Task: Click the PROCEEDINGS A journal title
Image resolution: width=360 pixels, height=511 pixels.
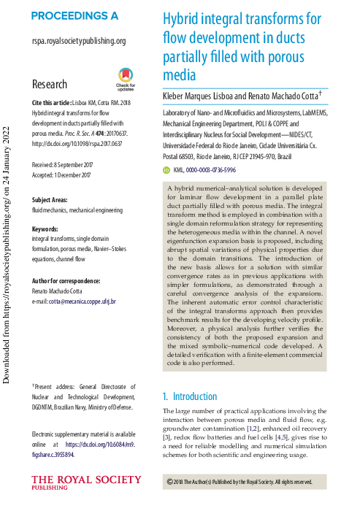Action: (74, 15)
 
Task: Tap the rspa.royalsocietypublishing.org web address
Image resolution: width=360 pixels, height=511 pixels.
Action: (79, 42)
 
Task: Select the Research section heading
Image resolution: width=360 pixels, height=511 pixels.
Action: (50, 85)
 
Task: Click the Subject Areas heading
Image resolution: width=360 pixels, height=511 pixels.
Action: (56, 199)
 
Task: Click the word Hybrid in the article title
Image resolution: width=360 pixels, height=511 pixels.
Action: (182, 18)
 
